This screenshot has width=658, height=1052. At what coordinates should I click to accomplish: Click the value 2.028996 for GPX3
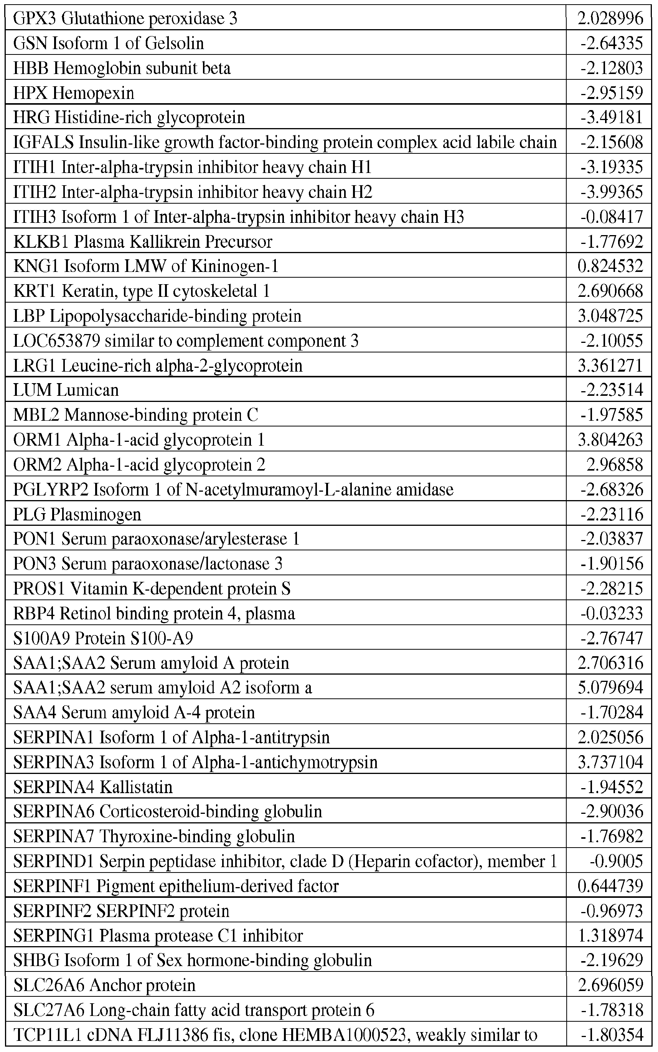pos(610,18)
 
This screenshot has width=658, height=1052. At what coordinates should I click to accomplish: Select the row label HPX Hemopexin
pos(74,93)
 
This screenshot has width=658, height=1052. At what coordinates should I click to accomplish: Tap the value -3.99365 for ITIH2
pos(612,192)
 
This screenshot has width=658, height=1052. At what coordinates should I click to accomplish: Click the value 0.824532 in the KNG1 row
pos(610,266)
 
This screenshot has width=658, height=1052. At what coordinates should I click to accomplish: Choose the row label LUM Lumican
pos(66,390)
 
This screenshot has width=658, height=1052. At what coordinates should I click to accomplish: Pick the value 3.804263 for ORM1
pos(610,440)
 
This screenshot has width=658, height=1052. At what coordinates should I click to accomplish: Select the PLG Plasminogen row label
pos(77,514)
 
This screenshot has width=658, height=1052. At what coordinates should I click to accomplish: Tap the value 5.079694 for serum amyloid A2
pos(610,688)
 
